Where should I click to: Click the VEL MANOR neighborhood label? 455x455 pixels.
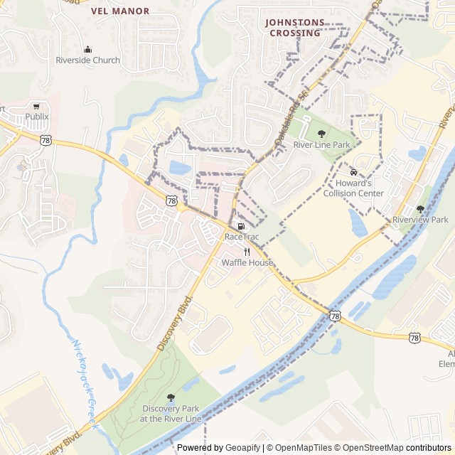[120, 11]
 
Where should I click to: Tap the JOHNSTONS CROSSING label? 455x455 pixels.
[294, 27]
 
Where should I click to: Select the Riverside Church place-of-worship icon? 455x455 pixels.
[88, 49]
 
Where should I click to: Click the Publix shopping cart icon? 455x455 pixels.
[36, 105]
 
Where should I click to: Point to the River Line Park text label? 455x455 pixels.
[321, 144]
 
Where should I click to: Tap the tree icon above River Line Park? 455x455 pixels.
[321, 133]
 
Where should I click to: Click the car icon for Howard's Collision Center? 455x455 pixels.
[353, 171]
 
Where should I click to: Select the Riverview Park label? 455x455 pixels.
[420, 220]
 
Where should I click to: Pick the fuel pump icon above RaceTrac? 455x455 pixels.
[240, 225]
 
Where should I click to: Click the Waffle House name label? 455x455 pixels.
[247, 262]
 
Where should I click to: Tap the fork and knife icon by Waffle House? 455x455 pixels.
[247, 252]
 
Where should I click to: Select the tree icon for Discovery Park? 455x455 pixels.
[170, 397]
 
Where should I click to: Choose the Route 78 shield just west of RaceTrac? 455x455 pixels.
[171, 201]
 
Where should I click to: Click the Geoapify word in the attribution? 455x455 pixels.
[242, 448]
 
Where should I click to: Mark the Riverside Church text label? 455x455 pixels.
[88, 60]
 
